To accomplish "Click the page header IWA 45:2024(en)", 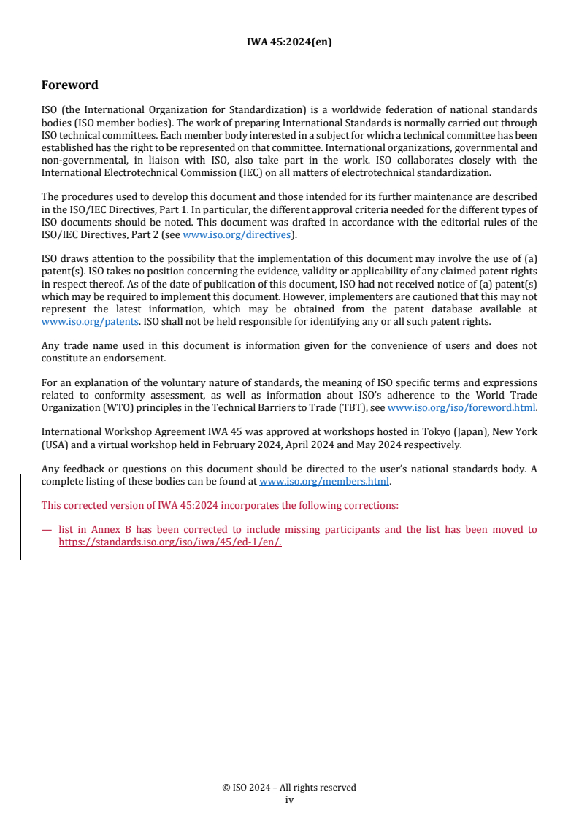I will [x=289, y=42].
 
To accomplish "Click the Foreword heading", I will [x=70, y=85].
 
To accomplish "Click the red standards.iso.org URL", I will [x=170, y=542].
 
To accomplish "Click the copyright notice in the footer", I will [x=289, y=788].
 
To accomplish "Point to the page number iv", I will [x=289, y=799].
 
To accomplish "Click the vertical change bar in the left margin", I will [x=20, y=517].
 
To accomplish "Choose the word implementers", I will [x=354, y=296].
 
